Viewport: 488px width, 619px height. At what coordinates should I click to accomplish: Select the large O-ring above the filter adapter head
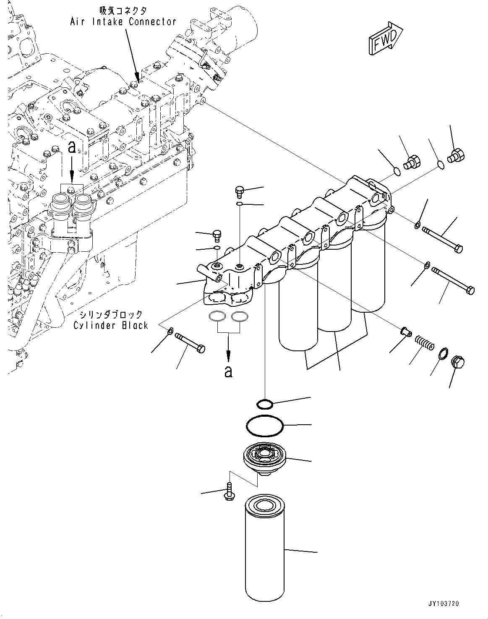265,426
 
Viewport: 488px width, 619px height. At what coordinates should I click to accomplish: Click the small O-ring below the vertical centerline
265,404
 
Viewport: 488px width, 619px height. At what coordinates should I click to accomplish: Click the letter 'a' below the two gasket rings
228,371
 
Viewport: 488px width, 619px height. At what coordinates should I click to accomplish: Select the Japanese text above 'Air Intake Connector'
123,10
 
